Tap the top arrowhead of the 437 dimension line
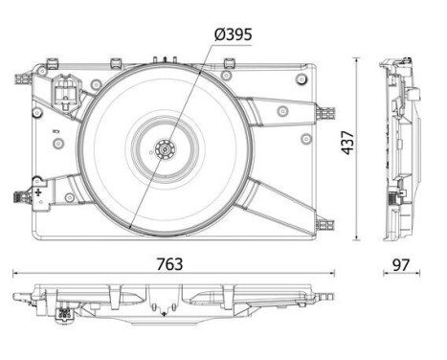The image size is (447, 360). pos(356,61)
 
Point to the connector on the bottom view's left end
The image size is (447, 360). pos(65,311)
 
